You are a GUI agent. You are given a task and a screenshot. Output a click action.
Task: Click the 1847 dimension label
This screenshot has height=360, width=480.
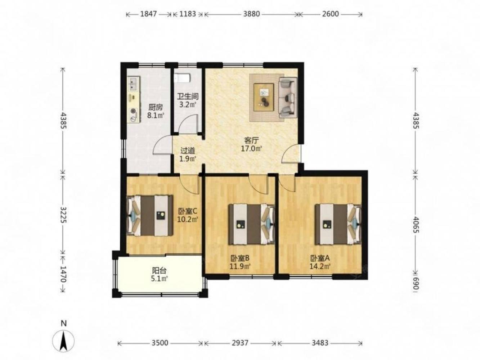pos(148,14)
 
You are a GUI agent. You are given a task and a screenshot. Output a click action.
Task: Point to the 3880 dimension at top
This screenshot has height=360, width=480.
pos(251,14)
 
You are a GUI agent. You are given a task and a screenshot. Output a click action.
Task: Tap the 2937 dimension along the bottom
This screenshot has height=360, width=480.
pos(240,343)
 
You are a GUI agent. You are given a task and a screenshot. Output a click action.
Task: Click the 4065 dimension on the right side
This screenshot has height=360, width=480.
pos(416,225)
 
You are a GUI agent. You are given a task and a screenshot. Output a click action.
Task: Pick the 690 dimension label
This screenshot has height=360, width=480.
pos(416,284)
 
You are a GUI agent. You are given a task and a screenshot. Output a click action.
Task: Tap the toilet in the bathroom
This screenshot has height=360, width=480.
pos(182,78)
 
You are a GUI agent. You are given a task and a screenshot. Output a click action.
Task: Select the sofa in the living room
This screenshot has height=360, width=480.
pos(288,98)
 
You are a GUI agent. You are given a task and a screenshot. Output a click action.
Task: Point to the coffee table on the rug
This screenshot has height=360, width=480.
pos(264,97)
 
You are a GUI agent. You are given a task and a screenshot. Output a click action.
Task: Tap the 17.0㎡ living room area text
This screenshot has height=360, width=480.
pos(251,149)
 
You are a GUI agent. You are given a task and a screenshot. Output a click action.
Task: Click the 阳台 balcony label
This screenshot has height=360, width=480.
pos(159,271)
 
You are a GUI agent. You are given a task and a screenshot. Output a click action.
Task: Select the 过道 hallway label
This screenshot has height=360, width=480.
pos(188,150)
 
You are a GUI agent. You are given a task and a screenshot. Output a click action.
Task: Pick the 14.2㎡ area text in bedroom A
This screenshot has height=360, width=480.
pos(320,266)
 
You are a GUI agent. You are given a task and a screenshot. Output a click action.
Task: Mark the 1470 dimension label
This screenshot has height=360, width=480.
pos(63,274)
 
